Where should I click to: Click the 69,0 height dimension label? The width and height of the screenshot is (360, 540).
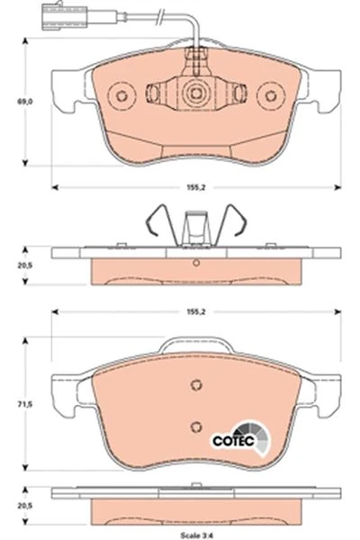[25, 102]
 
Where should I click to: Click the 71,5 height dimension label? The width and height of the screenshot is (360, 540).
[25, 404]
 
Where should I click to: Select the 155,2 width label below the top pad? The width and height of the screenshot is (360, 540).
[195, 187]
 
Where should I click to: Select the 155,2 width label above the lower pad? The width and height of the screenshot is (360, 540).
[195, 311]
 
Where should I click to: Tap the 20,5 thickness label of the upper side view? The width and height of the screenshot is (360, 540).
[25, 265]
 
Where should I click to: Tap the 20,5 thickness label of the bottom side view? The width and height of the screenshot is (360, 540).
[25, 506]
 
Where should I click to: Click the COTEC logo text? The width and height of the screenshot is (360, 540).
[233, 441]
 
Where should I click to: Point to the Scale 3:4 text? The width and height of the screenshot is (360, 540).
[197, 535]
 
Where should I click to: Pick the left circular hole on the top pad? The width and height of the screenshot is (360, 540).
[121, 95]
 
